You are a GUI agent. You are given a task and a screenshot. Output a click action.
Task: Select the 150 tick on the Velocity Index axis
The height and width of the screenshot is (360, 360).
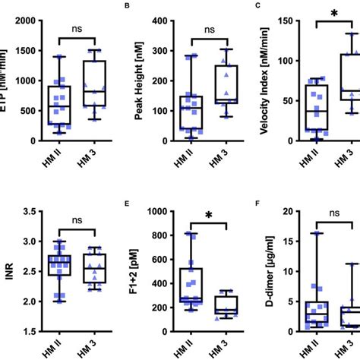click(283, 19)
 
